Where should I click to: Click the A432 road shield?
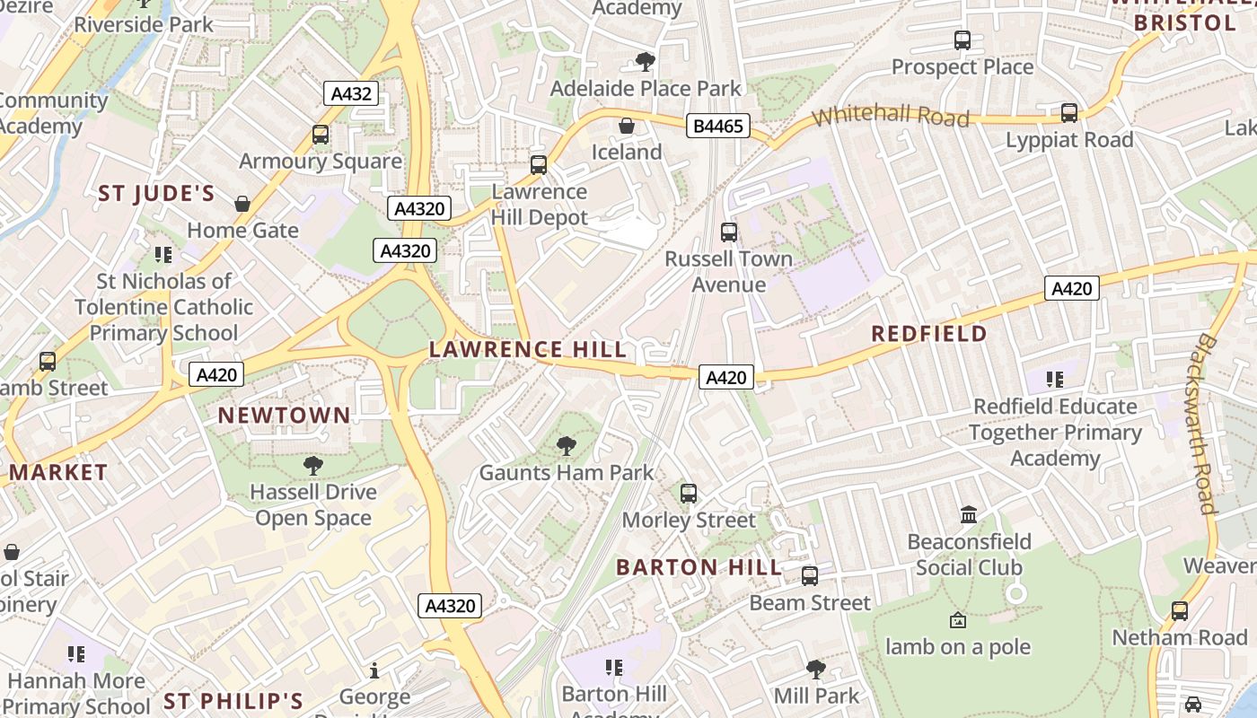tap(351, 93)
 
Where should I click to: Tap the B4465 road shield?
tap(718, 127)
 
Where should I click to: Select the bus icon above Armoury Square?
tap(321, 135)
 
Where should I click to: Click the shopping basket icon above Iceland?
tap(627, 126)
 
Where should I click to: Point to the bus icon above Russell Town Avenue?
tap(729, 232)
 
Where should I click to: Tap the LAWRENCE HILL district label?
tap(528, 349)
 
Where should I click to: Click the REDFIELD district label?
tap(929, 334)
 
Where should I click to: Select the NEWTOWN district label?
tap(284, 415)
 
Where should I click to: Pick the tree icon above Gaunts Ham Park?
tap(567, 446)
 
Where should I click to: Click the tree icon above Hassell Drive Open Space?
tap(312, 465)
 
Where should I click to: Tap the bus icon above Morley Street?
tap(689, 494)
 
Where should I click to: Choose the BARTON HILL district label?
tap(699, 567)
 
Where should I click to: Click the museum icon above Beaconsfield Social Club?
tap(969, 515)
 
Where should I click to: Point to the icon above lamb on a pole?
tap(958, 620)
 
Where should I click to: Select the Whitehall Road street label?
tap(891, 116)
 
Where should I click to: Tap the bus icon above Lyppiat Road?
tap(1069, 113)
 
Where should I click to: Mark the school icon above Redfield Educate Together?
tap(1055, 380)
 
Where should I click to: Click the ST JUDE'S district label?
tap(156, 194)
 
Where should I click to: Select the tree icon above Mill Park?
tap(816, 669)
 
